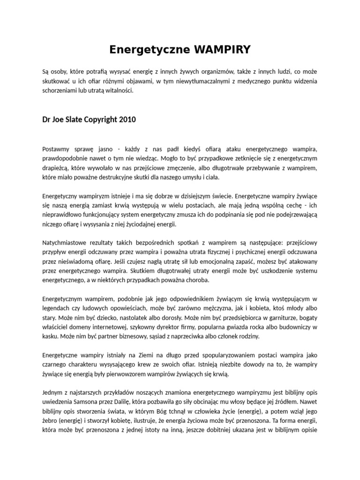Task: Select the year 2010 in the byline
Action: (x=127, y=120)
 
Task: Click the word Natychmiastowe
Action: (x=65, y=243)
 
